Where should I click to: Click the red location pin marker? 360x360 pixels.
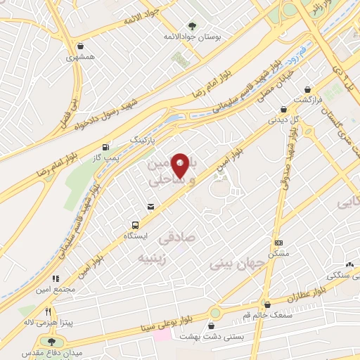pyautogui.click(x=181, y=165)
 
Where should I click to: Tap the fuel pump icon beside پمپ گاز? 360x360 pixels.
pyautogui.click(x=105, y=147)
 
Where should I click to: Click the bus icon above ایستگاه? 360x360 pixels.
pyautogui.click(x=134, y=225)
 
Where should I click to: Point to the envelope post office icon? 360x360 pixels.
pyautogui.click(x=150, y=206)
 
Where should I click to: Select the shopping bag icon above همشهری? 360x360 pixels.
pyautogui.click(x=82, y=46)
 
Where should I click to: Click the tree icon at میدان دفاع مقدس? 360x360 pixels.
pyautogui.click(x=50, y=341)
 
